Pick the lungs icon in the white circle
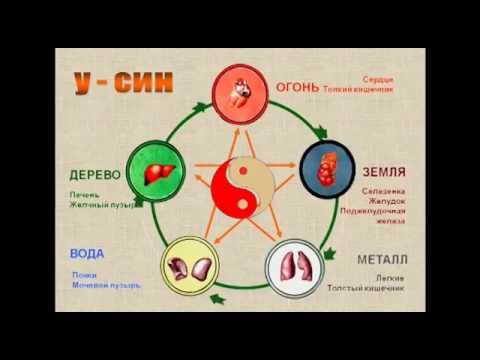click(x=295, y=266)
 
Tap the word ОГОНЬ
click(x=297, y=86)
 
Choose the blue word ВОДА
click(x=87, y=253)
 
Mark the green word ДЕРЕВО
click(x=96, y=173)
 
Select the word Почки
click(x=84, y=274)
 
